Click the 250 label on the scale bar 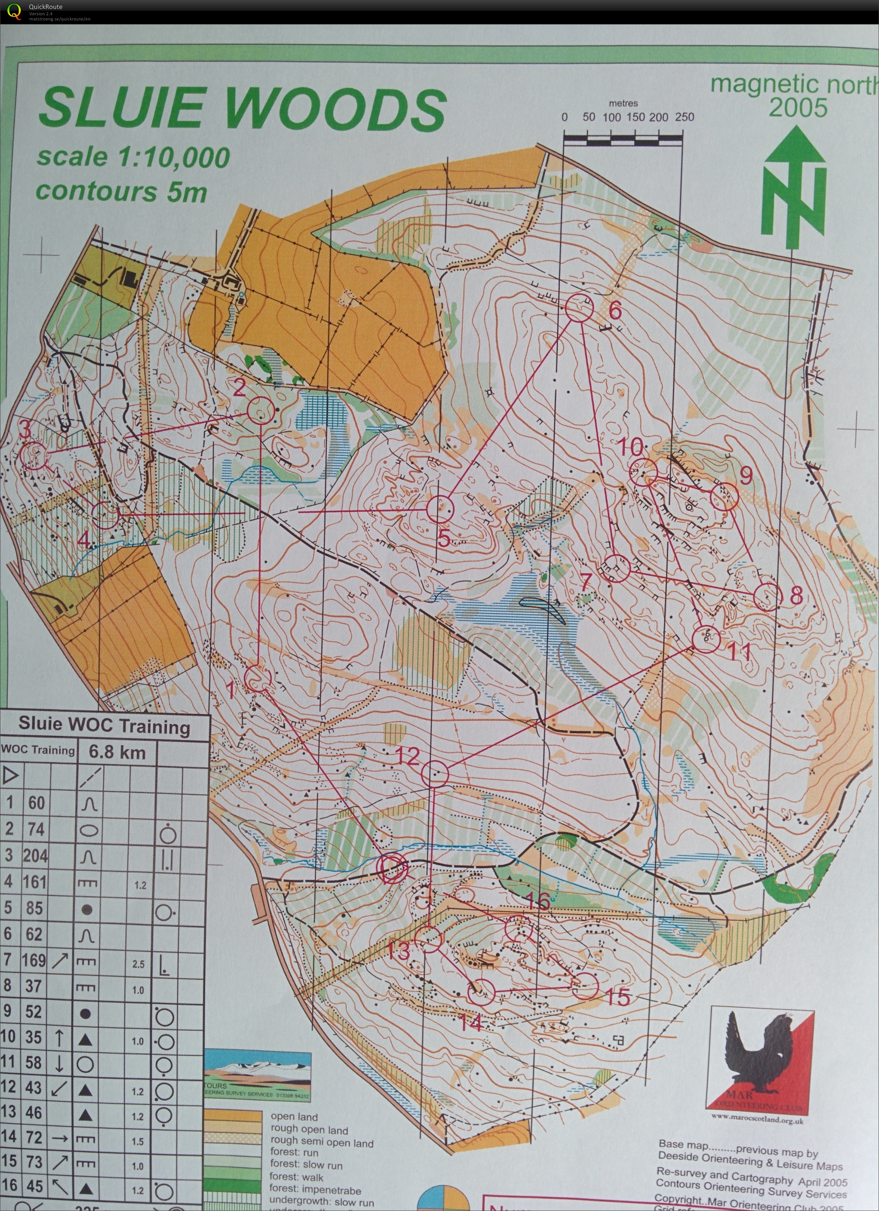(x=685, y=117)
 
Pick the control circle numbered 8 (x=767, y=596)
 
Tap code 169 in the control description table (x=34, y=960)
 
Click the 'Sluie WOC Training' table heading (x=104, y=726)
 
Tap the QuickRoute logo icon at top (x=14, y=11)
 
